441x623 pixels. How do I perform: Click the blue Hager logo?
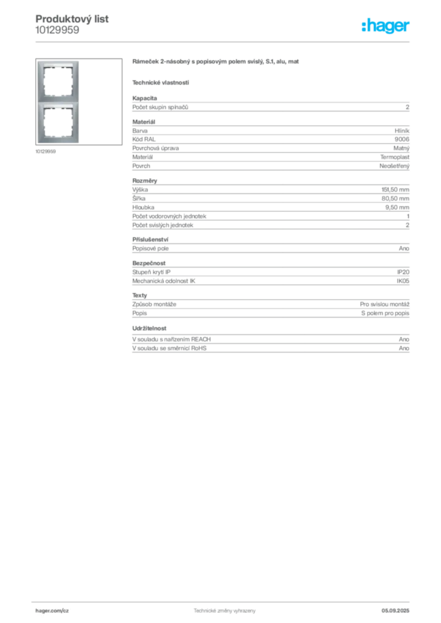(387, 26)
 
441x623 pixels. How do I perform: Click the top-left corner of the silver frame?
(40, 61)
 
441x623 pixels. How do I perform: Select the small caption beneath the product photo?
(47, 151)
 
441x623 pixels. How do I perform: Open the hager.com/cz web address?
(54, 610)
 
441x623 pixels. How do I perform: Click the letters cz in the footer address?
(66, 610)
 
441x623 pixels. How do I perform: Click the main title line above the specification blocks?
(216, 63)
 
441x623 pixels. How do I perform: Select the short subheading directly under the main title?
(161, 82)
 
